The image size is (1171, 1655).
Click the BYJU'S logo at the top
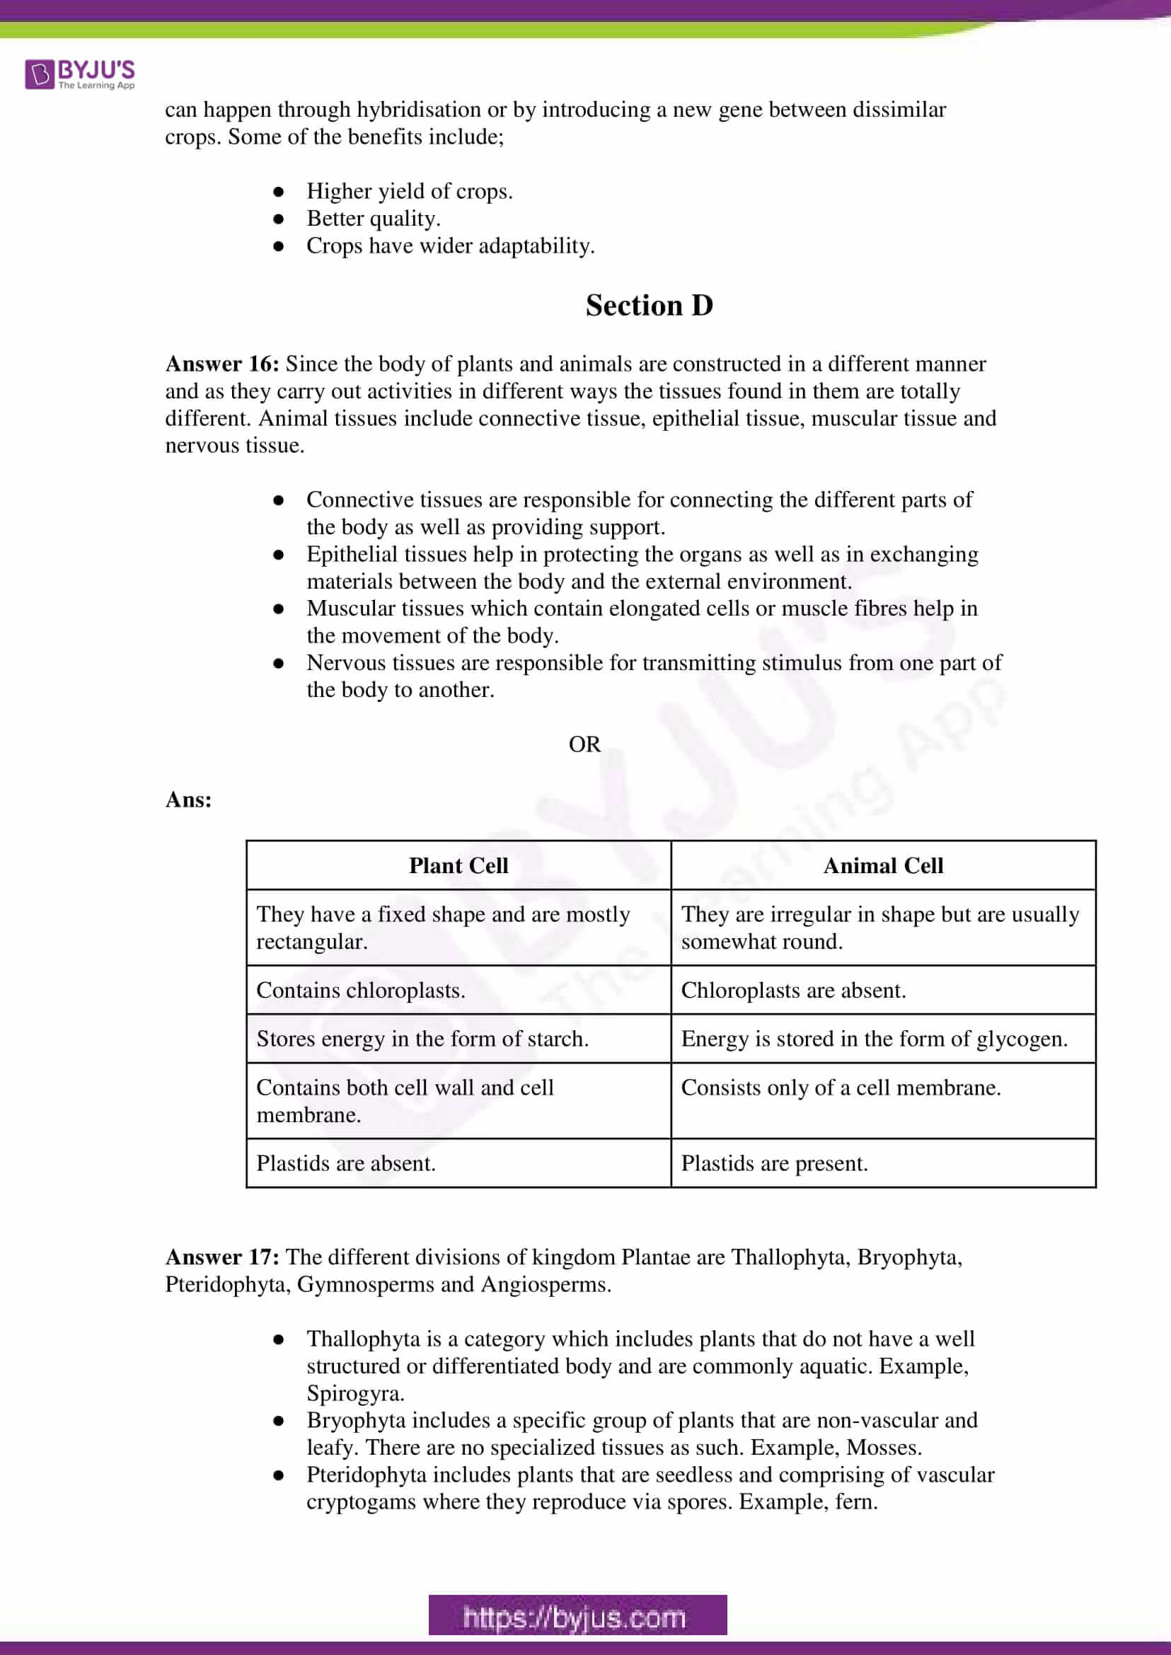click(x=80, y=74)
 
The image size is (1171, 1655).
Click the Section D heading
click(x=649, y=306)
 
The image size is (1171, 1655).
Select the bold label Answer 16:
click(x=222, y=364)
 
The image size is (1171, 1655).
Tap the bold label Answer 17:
click(x=222, y=1257)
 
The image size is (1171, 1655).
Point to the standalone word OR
click(x=584, y=744)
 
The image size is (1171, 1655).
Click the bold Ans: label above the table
click(x=189, y=800)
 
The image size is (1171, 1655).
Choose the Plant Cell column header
click(x=458, y=865)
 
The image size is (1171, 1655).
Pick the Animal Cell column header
click(x=883, y=865)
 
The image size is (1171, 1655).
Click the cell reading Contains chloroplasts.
click(x=361, y=990)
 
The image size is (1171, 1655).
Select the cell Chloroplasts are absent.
click(x=793, y=990)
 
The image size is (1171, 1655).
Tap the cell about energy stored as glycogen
click(x=874, y=1039)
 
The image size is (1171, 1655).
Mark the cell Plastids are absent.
click(x=346, y=1163)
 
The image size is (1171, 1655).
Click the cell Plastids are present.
click(x=775, y=1163)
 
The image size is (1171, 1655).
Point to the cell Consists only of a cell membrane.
click(x=841, y=1088)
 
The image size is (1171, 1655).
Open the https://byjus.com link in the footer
click(x=577, y=1617)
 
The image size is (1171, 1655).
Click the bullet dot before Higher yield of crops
click(x=278, y=192)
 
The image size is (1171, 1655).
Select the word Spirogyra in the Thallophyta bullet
click(x=355, y=1393)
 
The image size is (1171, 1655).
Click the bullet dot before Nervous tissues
click(x=278, y=664)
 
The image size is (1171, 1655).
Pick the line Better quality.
click(x=374, y=219)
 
